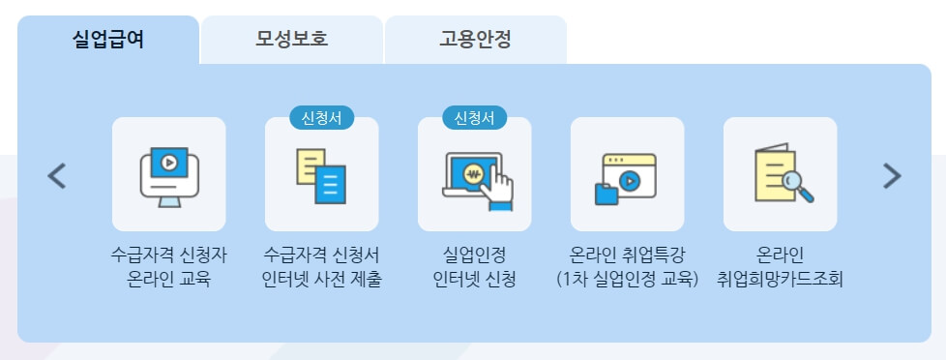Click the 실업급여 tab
point(108,41)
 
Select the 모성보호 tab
point(292,41)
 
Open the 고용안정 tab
point(475,41)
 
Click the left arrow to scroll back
point(57,175)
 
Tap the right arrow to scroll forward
point(892,175)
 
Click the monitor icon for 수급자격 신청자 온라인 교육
point(169,174)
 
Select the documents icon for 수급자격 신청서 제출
point(321,174)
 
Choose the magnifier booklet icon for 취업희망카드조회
point(780,174)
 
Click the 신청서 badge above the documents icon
point(322,118)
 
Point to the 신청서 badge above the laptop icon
point(474,118)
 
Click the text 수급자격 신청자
point(169,256)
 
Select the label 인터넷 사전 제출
point(322,281)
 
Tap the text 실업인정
point(474,256)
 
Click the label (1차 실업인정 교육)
point(627,281)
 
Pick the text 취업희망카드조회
point(780,281)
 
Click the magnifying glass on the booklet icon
point(798,185)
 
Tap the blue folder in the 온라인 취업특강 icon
point(606,193)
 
